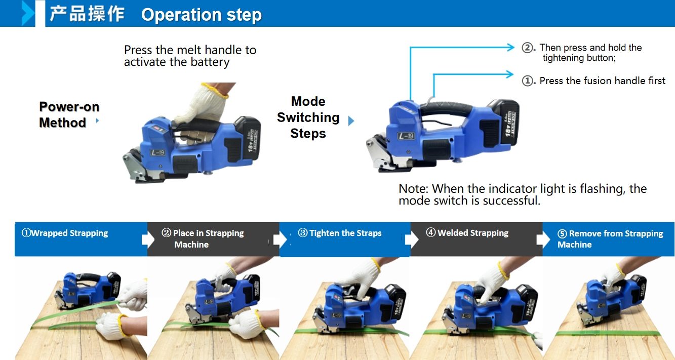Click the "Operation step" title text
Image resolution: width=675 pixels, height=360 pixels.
(202, 15)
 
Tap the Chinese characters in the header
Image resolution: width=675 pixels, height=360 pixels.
(87, 14)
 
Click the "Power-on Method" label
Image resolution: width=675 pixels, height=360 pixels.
(69, 115)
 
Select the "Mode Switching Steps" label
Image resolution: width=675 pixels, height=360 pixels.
(308, 117)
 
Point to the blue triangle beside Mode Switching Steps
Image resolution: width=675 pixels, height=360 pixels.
(351, 121)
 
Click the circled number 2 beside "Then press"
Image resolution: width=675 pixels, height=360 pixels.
(527, 48)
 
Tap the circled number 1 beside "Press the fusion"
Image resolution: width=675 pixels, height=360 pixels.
(527, 81)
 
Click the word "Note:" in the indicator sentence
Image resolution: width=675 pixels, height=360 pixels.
(413, 189)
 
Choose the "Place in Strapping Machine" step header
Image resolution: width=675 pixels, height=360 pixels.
(203, 238)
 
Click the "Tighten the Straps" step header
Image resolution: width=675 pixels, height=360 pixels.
(340, 233)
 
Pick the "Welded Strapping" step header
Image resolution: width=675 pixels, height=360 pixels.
(467, 232)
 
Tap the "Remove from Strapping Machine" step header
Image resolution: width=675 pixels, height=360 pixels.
(610, 239)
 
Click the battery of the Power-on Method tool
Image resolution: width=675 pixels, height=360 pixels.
(248, 139)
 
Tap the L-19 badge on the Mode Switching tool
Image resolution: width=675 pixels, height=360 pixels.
(406, 136)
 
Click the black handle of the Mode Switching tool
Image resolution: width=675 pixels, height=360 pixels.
(446, 108)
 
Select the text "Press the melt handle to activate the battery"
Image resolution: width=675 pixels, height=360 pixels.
(190, 56)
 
